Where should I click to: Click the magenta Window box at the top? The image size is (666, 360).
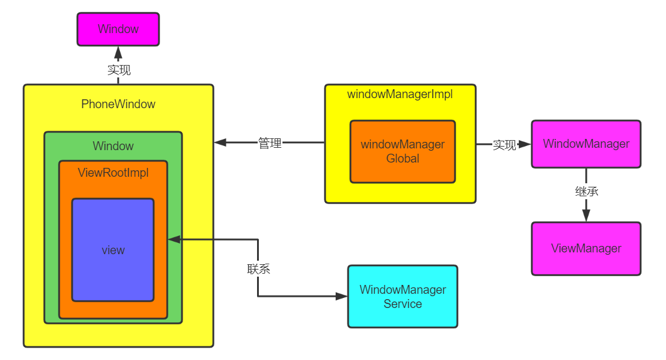(x=118, y=29)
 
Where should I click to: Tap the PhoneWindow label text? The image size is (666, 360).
(x=118, y=105)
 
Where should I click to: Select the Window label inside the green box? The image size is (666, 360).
(x=113, y=146)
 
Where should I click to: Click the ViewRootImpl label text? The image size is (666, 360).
(x=113, y=173)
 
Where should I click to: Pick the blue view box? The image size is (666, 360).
(x=113, y=250)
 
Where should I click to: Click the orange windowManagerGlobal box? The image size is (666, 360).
(x=402, y=152)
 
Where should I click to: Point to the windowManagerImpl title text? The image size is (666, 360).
(x=399, y=95)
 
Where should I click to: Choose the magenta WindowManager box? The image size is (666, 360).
(x=586, y=144)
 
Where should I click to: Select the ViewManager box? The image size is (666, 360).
(x=586, y=248)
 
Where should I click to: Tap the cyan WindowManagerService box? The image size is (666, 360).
(x=402, y=296)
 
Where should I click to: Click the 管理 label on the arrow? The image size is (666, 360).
(x=269, y=143)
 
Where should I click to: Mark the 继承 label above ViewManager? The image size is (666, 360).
(x=586, y=192)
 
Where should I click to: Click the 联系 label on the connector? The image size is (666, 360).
(x=258, y=269)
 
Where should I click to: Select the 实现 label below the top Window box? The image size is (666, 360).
(x=119, y=70)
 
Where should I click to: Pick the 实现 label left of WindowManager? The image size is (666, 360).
(x=504, y=145)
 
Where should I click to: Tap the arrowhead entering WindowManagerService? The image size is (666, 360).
(x=341, y=296)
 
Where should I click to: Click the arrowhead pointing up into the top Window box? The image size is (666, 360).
(x=118, y=51)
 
